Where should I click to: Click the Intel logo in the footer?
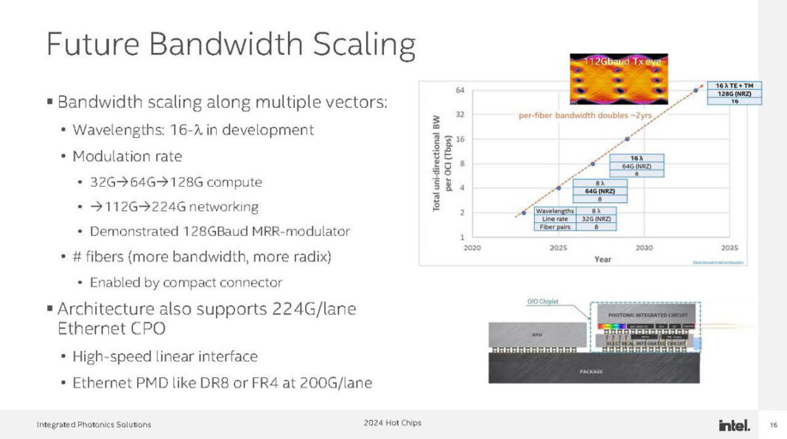(x=734, y=425)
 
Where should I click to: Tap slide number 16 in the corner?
(x=773, y=425)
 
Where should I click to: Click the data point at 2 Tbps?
(x=523, y=212)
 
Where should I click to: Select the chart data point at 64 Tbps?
(x=696, y=90)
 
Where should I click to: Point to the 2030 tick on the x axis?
(x=643, y=249)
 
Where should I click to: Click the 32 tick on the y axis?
(x=459, y=114)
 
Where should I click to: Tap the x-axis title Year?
(x=602, y=259)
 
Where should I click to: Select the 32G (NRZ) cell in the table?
(x=595, y=219)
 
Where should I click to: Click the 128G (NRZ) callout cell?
(x=734, y=93)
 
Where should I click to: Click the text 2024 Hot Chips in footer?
(x=392, y=423)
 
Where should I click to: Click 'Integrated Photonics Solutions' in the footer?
(x=94, y=424)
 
